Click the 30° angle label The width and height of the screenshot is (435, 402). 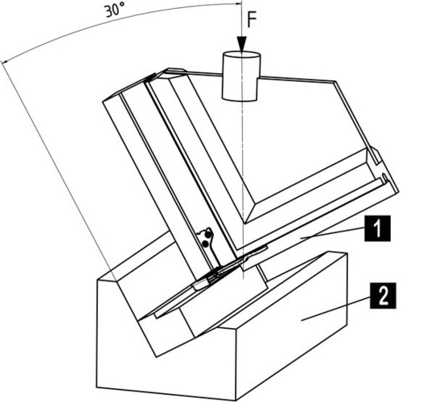click(x=114, y=11)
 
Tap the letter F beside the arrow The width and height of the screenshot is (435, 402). click(x=252, y=20)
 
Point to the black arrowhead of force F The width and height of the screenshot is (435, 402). click(x=242, y=45)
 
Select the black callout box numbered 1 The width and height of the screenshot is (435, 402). click(x=377, y=228)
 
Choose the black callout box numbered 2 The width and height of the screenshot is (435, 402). click(x=383, y=295)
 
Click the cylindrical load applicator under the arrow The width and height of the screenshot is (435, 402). click(x=241, y=76)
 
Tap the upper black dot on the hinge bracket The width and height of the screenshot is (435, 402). click(x=207, y=235)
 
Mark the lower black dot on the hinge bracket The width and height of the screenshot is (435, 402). click(x=205, y=244)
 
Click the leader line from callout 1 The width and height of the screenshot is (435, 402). click(x=333, y=232)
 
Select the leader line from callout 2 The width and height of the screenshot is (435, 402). click(x=335, y=309)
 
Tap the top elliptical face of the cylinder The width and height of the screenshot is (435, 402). click(x=241, y=55)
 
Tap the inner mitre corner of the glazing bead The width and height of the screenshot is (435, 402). click(x=244, y=223)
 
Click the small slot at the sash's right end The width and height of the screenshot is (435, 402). click(x=384, y=178)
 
